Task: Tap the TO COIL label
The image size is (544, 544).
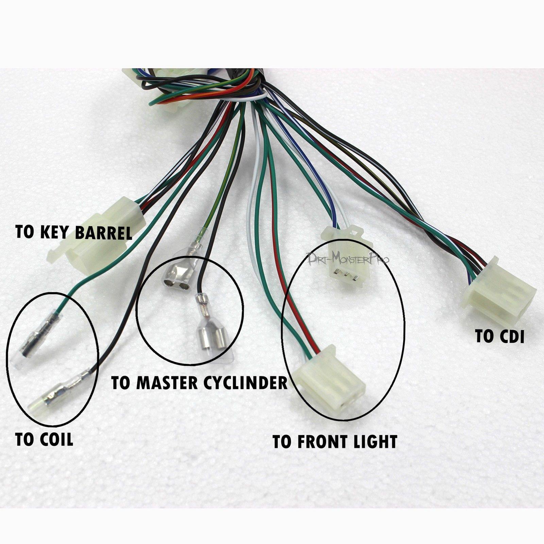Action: [44, 440]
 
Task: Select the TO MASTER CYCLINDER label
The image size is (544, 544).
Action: [200, 382]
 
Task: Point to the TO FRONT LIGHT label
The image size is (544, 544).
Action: [335, 442]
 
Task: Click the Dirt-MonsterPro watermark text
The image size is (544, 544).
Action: [347, 258]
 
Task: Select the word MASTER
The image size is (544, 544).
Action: [167, 382]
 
